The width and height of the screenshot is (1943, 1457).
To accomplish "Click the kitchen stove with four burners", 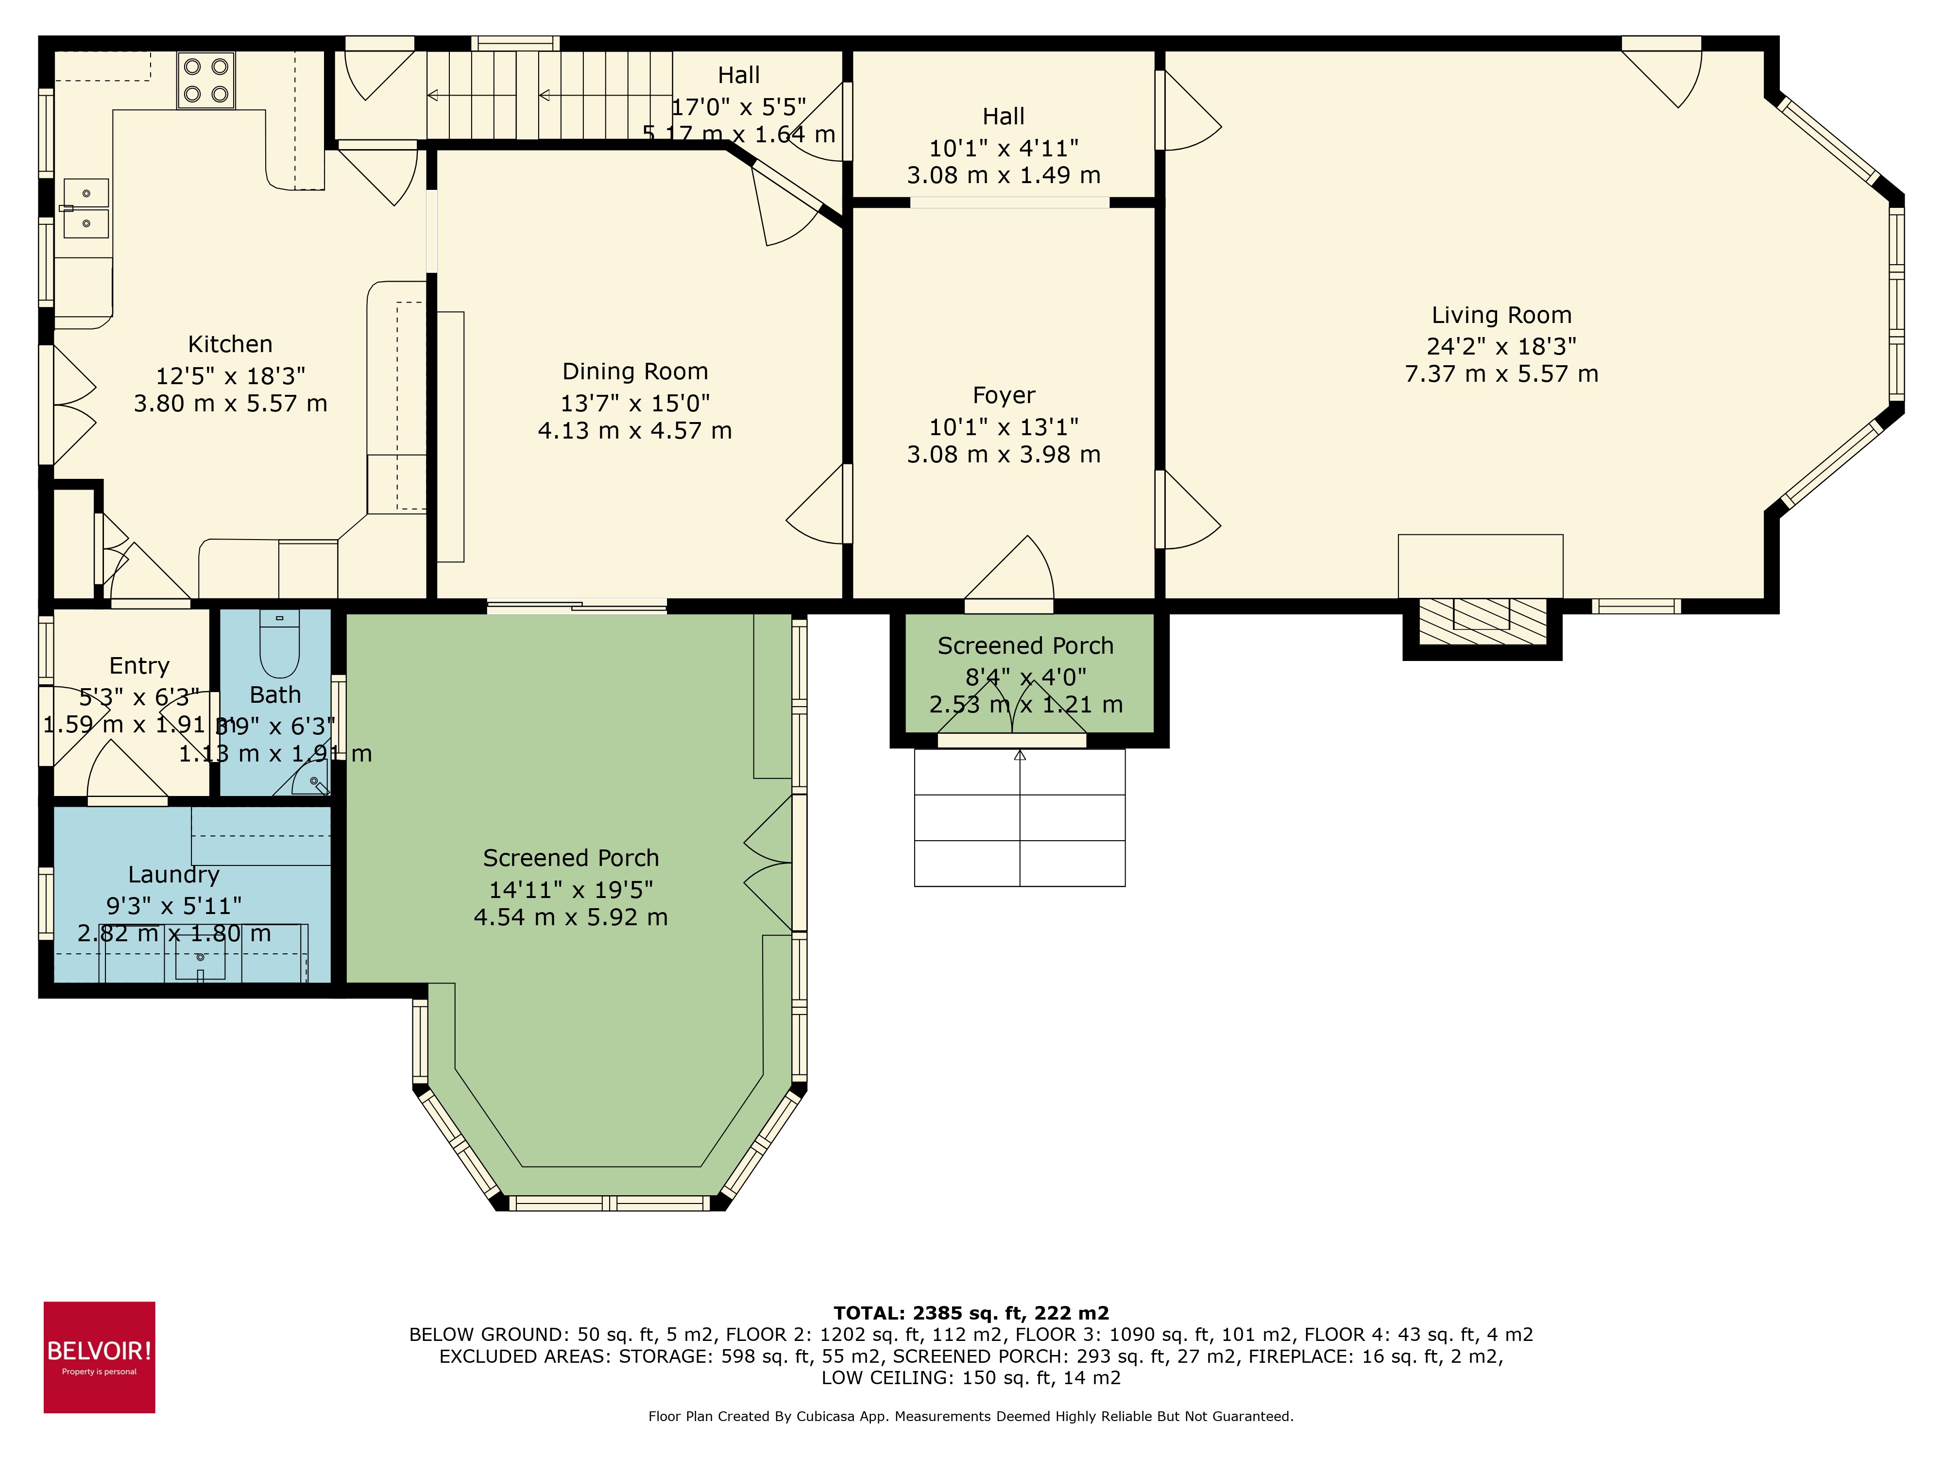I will click(206, 80).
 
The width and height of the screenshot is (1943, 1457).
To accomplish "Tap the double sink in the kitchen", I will click(86, 209).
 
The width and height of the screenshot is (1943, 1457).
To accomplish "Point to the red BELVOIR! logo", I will click(99, 1357).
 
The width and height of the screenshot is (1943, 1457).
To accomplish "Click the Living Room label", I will click(1501, 315).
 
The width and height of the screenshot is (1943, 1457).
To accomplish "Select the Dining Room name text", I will click(635, 372).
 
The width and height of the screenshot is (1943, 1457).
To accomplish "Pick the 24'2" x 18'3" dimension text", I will click(1501, 346).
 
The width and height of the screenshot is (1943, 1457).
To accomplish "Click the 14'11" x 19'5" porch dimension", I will click(571, 890).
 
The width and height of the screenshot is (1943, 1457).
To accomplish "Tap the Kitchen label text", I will click(230, 344).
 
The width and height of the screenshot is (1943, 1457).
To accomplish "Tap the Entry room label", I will click(139, 666).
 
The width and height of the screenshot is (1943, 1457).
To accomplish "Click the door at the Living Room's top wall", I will click(1660, 75).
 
